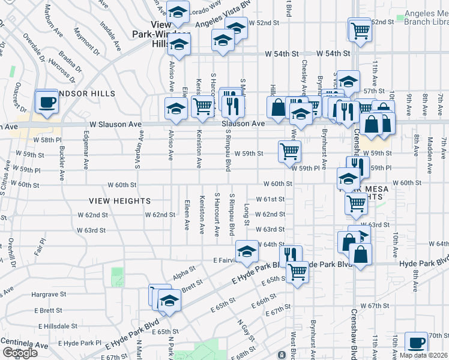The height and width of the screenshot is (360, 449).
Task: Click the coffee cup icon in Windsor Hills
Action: click(x=46, y=101)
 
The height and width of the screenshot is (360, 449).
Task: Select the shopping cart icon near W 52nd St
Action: click(x=360, y=29)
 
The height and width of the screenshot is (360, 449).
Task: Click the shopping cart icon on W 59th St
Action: click(x=289, y=151)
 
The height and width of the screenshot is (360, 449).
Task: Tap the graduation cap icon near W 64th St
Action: click(x=246, y=253)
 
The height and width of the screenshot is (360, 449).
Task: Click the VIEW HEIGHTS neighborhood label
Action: click(x=119, y=200)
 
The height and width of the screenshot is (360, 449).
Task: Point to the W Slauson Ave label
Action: click(x=115, y=124)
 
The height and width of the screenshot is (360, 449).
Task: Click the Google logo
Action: click(x=20, y=353)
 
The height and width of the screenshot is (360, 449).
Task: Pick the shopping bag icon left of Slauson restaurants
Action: click(x=279, y=107)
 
